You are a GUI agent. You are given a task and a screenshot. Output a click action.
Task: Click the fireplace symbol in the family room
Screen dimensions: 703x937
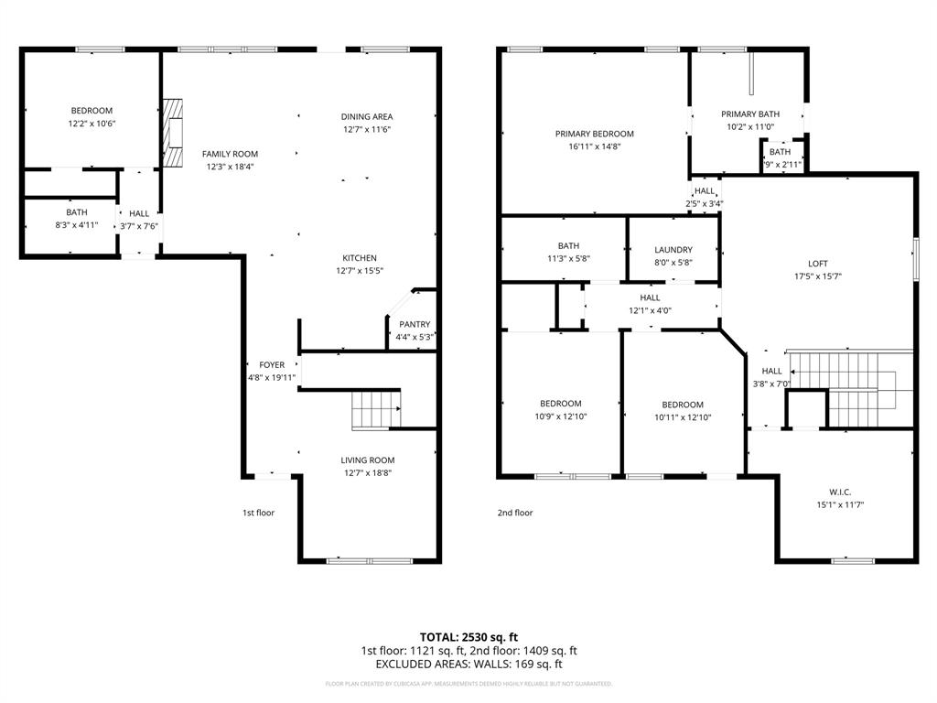coord(172,132)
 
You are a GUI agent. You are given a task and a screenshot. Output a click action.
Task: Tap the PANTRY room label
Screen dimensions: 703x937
coord(415,324)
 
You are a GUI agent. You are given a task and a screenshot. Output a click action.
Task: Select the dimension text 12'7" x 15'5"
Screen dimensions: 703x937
coord(359,271)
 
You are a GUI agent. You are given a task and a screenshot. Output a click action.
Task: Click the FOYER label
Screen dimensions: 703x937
coord(272,364)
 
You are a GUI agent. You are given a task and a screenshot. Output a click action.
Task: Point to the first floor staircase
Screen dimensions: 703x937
coord(376,408)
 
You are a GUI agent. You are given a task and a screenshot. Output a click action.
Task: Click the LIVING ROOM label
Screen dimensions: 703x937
coord(368,460)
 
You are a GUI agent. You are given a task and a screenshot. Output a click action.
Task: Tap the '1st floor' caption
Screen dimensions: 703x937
coord(258,513)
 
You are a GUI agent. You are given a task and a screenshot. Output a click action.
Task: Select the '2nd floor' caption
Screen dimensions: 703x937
coord(515,513)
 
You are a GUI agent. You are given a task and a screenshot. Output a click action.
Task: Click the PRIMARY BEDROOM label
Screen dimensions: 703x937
coord(594,134)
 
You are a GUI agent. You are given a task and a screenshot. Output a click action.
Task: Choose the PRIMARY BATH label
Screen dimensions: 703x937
coord(749,114)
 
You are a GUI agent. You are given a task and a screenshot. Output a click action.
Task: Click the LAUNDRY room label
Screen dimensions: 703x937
coord(673,250)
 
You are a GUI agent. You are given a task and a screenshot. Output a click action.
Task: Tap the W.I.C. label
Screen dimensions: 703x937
coord(814,492)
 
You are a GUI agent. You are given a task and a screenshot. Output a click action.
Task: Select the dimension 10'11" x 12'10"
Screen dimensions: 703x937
coord(683,417)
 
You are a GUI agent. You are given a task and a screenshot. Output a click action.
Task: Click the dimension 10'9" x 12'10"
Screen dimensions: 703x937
coord(560,416)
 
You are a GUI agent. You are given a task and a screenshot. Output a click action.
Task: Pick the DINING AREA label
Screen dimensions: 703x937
coord(367,116)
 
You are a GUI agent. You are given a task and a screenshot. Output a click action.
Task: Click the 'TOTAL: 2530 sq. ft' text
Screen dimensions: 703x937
coord(468,636)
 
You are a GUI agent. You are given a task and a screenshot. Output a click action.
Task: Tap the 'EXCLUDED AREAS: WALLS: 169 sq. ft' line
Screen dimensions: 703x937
coord(468,665)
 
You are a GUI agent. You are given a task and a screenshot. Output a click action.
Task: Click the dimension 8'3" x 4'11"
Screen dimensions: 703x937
coord(77,224)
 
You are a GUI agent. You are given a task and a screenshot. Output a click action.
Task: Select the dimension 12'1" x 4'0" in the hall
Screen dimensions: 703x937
coord(650,310)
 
